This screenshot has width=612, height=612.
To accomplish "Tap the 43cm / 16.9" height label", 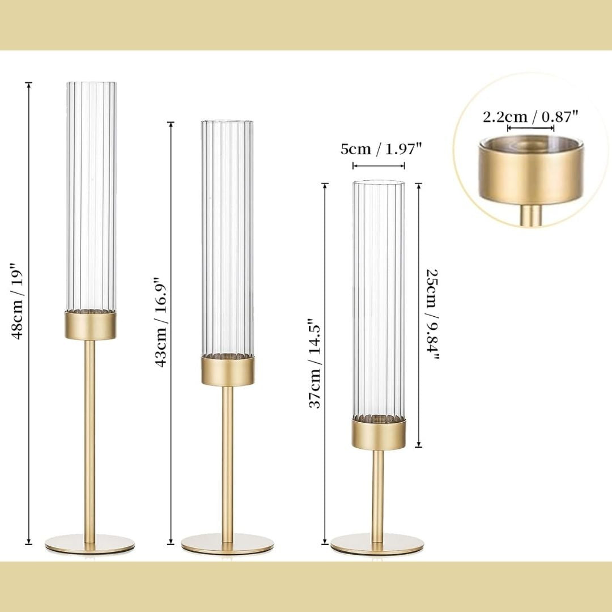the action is (x=160, y=322).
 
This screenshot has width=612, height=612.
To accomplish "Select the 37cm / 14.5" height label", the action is (x=314, y=363).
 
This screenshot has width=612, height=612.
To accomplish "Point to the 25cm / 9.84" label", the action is (x=432, y=314).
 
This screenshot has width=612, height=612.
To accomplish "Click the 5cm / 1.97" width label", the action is (x=381, y=149).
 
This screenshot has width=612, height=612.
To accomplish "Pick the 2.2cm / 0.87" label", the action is (x=530, y=116).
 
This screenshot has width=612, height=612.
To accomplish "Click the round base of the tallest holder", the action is (x=90, y=543).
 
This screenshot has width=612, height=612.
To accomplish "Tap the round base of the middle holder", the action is (x=227, y=543).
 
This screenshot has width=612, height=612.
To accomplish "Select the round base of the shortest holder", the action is (x=377, y=543).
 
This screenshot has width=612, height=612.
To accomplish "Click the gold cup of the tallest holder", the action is (x=90, y=325).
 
